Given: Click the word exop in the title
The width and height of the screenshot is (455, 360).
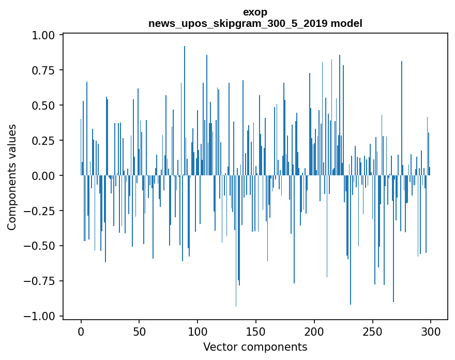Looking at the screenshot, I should point(255,12).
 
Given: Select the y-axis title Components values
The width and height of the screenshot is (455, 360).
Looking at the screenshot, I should point(12,177).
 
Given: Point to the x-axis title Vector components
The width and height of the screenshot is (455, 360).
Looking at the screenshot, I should point(255,347).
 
